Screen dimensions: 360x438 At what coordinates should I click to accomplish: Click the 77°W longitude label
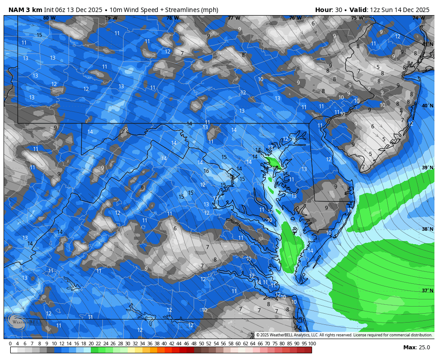[x=234, y=18]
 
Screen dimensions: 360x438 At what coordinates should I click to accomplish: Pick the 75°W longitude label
[x=357, y=18]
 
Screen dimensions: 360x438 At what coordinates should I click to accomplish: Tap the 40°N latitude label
[x=427, y=106]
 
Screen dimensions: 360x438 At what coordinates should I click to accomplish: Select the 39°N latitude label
[x=427, y=168]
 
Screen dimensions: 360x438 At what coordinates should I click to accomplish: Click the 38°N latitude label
[x=427, y=229]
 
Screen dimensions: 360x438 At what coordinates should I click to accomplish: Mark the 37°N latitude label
[x=427, y=290]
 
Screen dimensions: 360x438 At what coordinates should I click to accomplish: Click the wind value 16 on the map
[x=206, y=171]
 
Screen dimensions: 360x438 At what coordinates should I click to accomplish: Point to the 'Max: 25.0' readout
[x=416, y=348]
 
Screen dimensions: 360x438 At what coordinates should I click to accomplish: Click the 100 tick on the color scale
[x=312, y=344]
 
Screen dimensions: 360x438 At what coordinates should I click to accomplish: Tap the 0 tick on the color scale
[x=10, y=344]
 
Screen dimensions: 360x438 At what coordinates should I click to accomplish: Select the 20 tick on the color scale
[x=91, y=344]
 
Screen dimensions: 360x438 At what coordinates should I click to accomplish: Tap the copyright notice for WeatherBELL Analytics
[x=344, y=335]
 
